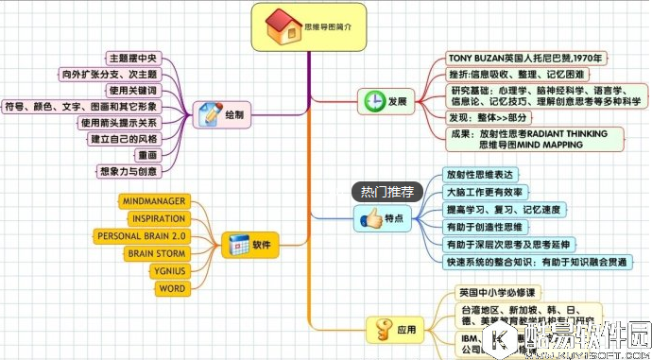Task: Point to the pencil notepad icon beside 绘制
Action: tap(209, 115)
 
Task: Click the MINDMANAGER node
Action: tap(154, 201)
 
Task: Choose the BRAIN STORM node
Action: tap(156, 253)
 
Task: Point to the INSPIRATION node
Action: tap(157, 218)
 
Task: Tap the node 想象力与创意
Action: tap(128, 171)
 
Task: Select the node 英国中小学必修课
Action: tap(496, 292)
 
